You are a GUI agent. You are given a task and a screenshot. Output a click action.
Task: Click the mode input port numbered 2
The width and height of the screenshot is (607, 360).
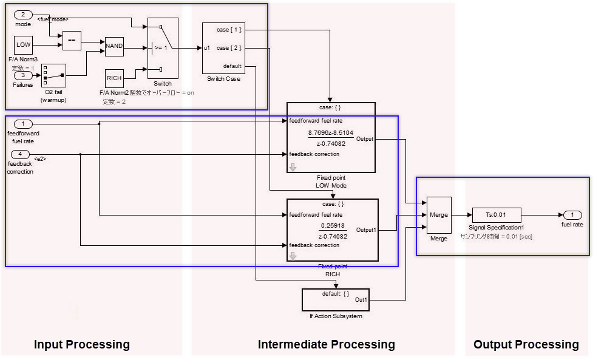pos(23,15)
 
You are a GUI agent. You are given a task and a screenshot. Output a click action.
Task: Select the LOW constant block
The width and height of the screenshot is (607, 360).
pos(23,45)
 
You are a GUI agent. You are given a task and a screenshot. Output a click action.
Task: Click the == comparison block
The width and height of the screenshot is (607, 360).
pos(71,41)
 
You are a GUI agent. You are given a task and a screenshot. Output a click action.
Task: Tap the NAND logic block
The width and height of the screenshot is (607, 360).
pos(114,46)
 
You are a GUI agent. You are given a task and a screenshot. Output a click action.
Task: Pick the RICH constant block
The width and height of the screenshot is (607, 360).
pos(114,78)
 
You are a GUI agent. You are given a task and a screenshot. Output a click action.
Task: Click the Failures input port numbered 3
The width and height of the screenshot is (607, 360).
pos(23,76)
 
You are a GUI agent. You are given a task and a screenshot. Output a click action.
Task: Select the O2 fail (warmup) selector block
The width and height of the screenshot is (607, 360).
pos(53,76)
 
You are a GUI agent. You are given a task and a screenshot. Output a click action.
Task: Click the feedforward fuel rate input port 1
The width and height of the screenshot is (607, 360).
pos(23,124)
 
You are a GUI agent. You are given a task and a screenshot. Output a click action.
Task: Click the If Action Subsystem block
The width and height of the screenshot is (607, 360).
pos(335,299)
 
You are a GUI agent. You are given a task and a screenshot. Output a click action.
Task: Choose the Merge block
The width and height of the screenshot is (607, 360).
pos(438,215)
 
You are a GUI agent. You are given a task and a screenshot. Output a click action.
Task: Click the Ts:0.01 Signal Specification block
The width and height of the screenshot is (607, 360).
pos(495,215)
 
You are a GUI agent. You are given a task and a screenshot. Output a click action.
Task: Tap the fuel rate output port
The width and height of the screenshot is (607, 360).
pos(572,215)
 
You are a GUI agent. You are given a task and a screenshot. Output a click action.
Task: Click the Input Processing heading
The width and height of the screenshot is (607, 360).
pos(81,345)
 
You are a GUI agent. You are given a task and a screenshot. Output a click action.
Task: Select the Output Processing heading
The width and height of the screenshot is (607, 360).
pos(526,345)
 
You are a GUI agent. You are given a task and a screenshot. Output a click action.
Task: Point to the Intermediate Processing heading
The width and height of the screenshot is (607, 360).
pos(326,345)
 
